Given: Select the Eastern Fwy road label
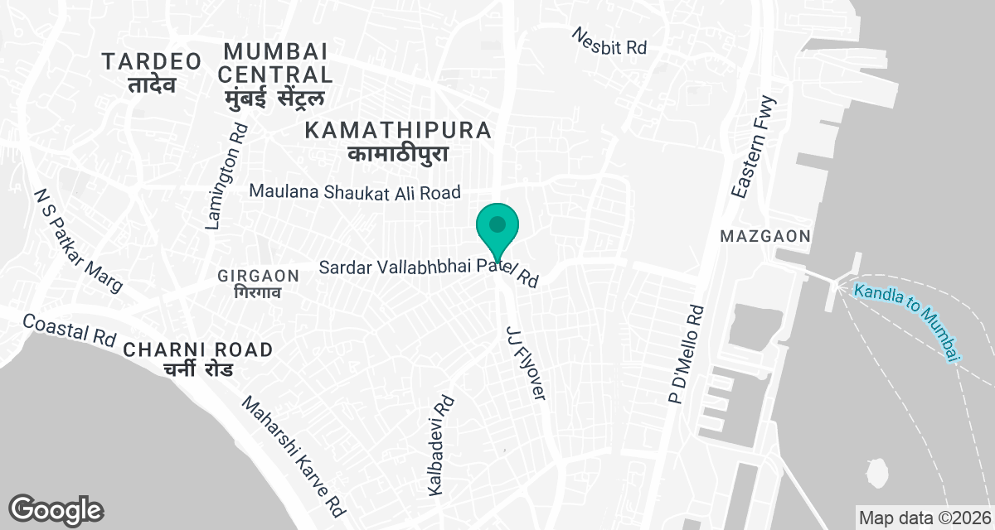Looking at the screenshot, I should (755, 147).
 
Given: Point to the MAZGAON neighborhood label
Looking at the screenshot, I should (764, 237).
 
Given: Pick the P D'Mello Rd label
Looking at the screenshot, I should (687, 355).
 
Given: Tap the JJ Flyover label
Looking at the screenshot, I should (526, 364).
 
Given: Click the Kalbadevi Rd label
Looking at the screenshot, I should (440, 446).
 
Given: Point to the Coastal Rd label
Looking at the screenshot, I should (69, 330).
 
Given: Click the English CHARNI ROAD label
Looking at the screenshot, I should (197, 349).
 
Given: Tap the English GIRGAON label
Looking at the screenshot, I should (257, 275).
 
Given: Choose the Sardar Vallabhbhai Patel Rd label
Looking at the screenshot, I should (430, 272).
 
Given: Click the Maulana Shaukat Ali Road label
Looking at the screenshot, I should (355, 192).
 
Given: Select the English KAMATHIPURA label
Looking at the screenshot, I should (398, 130).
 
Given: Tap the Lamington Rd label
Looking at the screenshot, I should (226, 176).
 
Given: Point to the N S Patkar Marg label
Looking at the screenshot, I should (78, 240).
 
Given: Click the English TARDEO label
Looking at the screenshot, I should (152, 61).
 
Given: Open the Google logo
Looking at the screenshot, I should (56, 509).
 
